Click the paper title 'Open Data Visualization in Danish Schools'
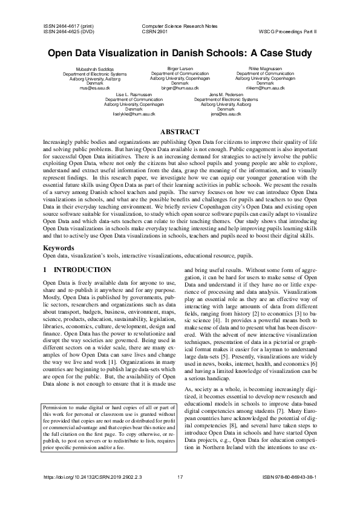(x=180, y=53)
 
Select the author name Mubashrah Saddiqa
(x=95, y=70)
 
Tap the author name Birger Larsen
(x=180, y=70)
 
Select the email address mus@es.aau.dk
(x=95, y=88)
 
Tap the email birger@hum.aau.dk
(x=180, y=88)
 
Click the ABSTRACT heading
(x=180, y=132)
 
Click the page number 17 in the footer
(x=180, y=494)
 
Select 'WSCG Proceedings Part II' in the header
(x=291, y=32)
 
